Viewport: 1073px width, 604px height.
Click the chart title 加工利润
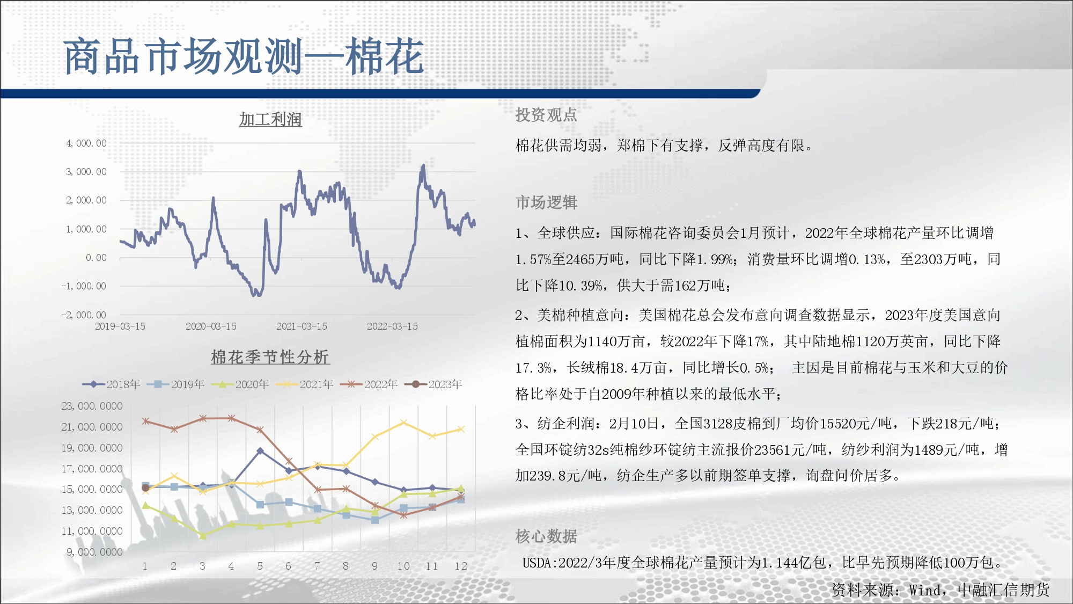tap(270, 119)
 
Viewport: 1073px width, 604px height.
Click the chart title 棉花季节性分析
tap(270, 357)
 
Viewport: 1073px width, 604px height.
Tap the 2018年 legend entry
tap(111, 384)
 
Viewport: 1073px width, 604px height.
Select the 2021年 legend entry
tap(304, 384)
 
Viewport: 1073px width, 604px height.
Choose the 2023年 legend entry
tap(433, 384)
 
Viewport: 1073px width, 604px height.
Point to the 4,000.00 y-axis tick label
tap(86, 143)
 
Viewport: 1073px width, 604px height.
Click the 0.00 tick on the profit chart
tap(96, 258)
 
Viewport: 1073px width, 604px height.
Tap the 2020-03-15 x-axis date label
tap(211, 326)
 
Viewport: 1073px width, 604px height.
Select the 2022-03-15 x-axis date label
tap(392, 326)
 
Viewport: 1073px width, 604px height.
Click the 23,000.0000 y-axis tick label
tap(92, 406)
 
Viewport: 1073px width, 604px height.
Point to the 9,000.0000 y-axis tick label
tap(94, 552)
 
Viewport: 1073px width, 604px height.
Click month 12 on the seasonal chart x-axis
tap(461, 566)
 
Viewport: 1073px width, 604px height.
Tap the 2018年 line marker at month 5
tap(260, 451)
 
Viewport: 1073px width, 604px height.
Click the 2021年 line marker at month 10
tap(404, 423)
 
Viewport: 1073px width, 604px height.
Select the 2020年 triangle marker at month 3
tap(203, 536)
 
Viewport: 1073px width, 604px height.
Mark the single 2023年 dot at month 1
tap(145, 488)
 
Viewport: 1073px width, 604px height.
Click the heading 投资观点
tap(546, 115)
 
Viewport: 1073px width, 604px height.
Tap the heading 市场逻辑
tap(546, 202)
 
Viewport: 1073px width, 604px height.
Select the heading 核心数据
tap(546, 536)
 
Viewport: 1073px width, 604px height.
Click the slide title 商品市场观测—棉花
tap(244, 56)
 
